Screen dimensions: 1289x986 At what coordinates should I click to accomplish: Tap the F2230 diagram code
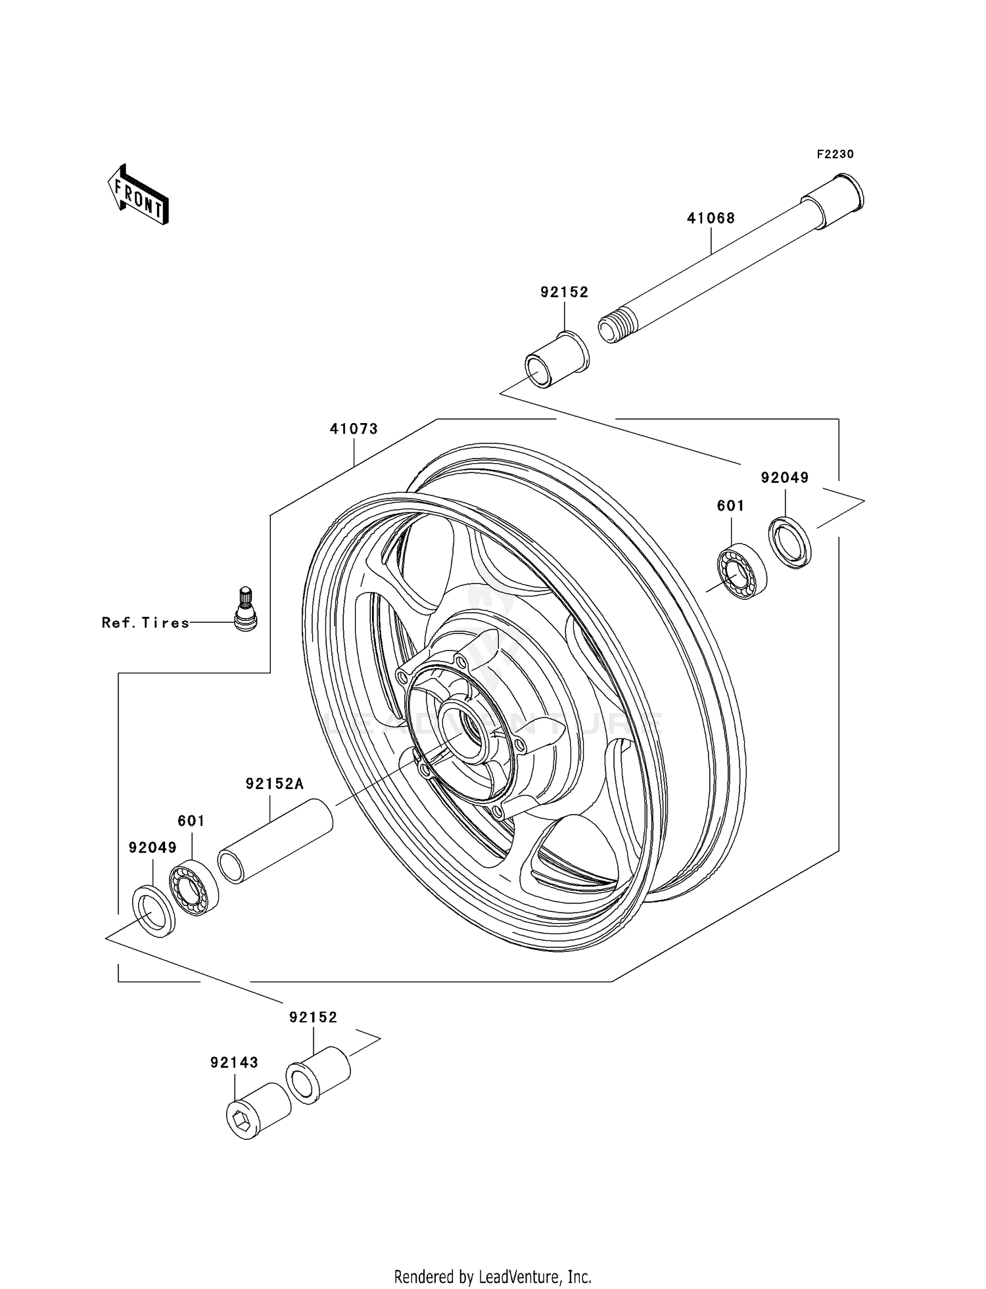coord(835,154)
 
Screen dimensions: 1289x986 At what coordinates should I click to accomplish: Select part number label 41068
coord(711,218)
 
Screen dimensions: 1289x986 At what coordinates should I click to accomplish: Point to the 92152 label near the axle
coord(564,292)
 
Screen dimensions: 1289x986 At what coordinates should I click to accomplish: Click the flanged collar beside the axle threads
coord(556,361)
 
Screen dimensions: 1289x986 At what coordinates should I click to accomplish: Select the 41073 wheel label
coord(354,429)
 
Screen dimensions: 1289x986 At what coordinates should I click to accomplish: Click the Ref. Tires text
coord(145,623)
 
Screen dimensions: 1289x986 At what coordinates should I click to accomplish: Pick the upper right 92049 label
coord(784,478)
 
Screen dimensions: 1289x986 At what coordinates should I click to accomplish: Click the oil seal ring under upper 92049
coord(789,543)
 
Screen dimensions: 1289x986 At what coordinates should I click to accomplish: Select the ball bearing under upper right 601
coord(741,571)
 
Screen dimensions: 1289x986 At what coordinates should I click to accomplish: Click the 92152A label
coord(275,784)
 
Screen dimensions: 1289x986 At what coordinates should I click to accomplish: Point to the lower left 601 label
coord(191,821)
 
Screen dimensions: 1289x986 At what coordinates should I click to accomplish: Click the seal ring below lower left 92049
coord(154,911)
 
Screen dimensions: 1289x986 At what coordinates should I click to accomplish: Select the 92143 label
coord(234,1062)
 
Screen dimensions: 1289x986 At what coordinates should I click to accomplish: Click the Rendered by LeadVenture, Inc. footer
coord(492,1277)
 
